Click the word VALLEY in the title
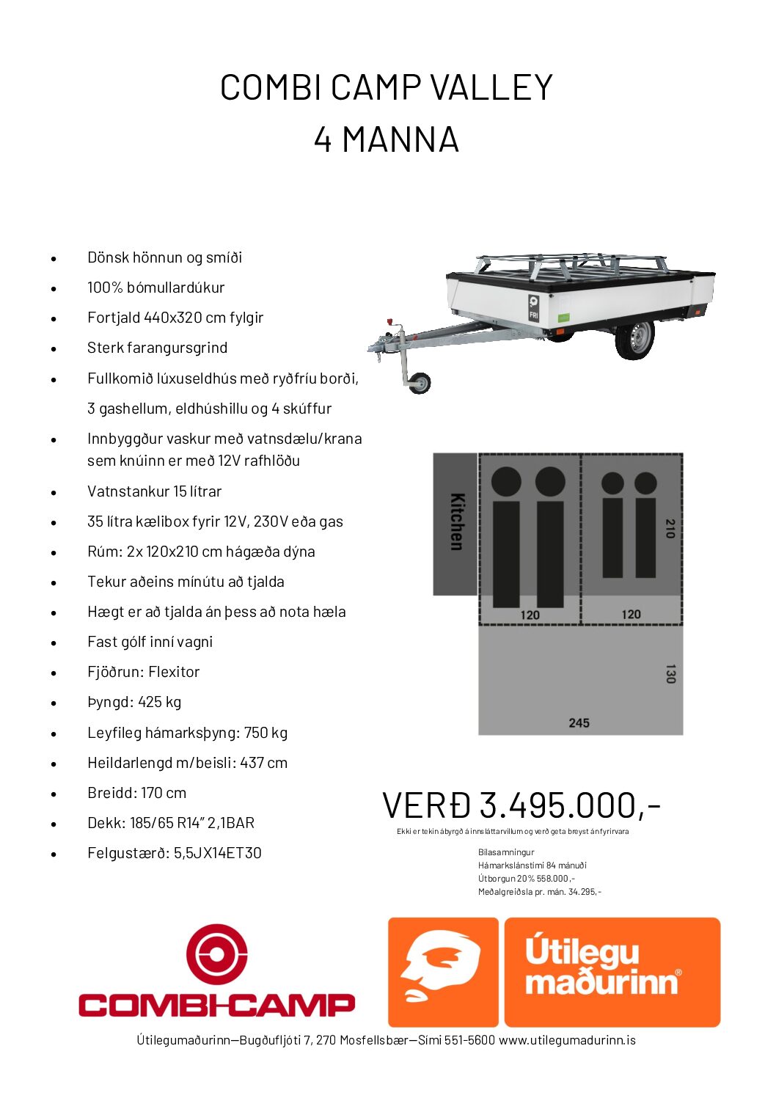pyautogui.click(x=491, y=88)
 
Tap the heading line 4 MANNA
pyautogui.click(x=387, y=139)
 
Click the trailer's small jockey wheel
pyautogui.click(x=420, y=382)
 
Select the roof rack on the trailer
pyautogui.click(x=572, y=264)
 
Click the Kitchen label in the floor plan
pyautogui.click(x=455, y=521)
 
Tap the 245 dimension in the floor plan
pyautogui.click(x=579, y=723)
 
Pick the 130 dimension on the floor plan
pyautogui.click(x=670, y=674)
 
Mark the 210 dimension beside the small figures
pyautogui.click(x=670, y=528)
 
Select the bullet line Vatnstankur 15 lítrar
pyautogui.click(x=154, y=491)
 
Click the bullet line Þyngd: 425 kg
pyautogui.click(x=134, y=702)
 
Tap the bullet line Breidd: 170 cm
pyautogui.click(x=136, y=793)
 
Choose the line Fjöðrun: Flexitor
pyautogui.click(x=143, y=672)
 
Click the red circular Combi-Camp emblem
pyautogui.click(x=216, y=954)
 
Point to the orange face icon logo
pyautogui.click(x=443, y=972)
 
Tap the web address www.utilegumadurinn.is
pyautogui.click(x=567, y=1040)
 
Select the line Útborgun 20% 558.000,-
pyautogui.click(x=526, y=879)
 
